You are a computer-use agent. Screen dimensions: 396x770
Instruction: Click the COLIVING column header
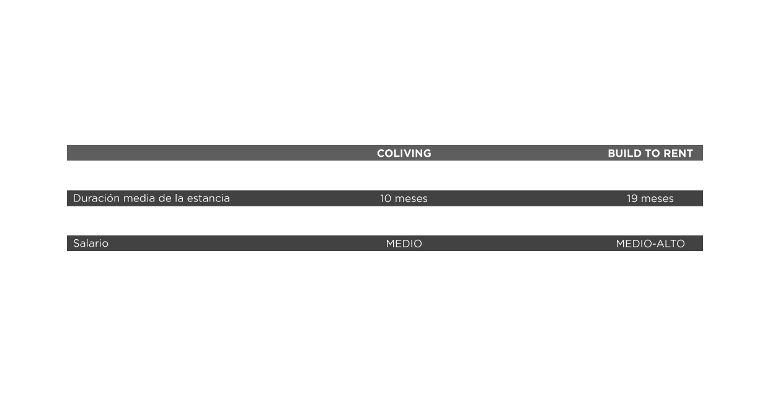click(x=404, y=153)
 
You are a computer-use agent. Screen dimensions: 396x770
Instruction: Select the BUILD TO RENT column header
click(x=650, y=153)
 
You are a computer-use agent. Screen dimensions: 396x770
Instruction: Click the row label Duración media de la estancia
click(x=151, y=198)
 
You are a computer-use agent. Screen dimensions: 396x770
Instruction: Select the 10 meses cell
click(x=404, y=198)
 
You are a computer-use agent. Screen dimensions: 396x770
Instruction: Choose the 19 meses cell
click(x=650, y=198)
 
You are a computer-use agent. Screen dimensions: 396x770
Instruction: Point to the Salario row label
click(x=91, y=244)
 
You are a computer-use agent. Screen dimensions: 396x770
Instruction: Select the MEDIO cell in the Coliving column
click(x=404, y=244)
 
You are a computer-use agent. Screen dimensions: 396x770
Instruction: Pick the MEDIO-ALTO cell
click(x=650, y=244)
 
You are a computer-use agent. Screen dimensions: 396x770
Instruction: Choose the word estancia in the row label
click(x=209, y=198)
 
